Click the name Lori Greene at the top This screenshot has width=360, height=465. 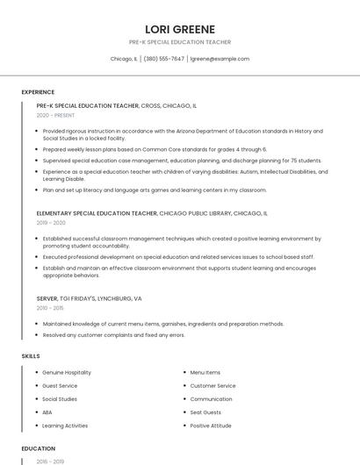point(179,29)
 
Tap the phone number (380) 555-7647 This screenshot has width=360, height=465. point(163,59)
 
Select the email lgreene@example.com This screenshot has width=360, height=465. point(220,59)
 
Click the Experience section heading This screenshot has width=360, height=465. point(38,92)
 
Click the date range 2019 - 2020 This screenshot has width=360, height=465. point(51,223)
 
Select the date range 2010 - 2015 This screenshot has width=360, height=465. point(49,308)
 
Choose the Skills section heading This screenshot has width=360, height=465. point(31,356)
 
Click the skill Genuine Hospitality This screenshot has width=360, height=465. point(67,373)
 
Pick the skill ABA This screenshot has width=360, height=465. point(47,412)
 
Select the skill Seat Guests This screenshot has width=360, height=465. point(205,412)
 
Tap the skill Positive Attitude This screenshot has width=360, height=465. point(211,426)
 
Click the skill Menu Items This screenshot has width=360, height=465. point(205,373)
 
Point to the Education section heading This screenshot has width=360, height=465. point(38,448)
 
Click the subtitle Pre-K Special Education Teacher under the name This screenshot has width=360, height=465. point(179,42)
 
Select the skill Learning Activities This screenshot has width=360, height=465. point(65,426)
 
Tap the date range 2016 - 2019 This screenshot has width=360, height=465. point(51,461)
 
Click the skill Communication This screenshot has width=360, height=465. point(211,399)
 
